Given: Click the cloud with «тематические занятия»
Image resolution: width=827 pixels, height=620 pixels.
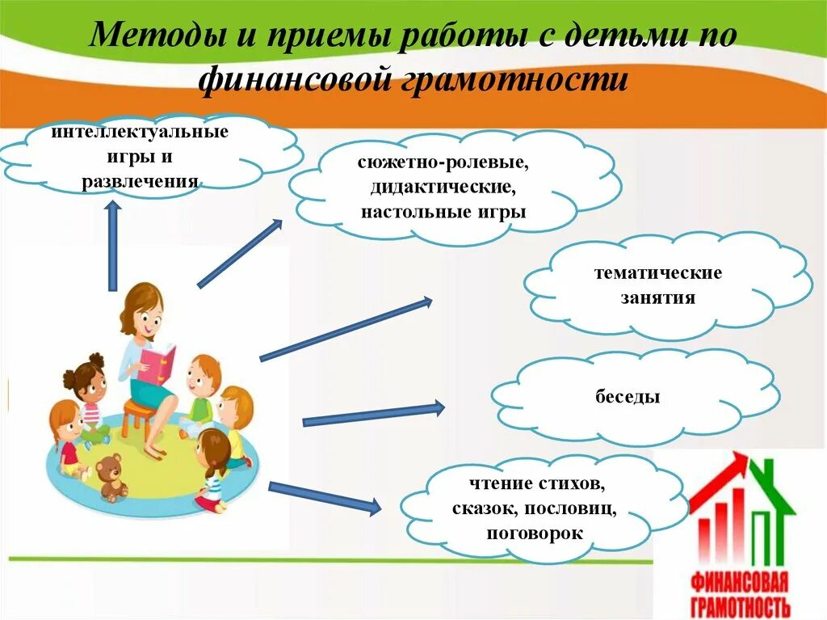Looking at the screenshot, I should click(670, 285).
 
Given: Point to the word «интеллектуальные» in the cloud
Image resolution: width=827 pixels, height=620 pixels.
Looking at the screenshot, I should click(140, 131).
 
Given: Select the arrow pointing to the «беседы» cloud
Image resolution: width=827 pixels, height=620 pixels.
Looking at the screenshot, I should click(373, 414).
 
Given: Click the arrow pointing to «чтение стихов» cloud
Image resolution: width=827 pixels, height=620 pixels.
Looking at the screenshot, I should click(324, 497).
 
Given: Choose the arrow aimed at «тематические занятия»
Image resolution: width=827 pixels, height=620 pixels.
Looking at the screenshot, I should click(346, 330).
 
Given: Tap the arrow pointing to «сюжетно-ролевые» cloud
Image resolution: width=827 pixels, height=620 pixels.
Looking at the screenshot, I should click(239, 254).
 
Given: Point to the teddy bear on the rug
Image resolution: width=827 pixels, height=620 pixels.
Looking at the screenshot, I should click(111, 476).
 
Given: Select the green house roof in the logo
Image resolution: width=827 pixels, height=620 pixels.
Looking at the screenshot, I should click(770, 490).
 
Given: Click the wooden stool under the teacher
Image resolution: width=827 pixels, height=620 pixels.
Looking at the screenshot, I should click(139, 415).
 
